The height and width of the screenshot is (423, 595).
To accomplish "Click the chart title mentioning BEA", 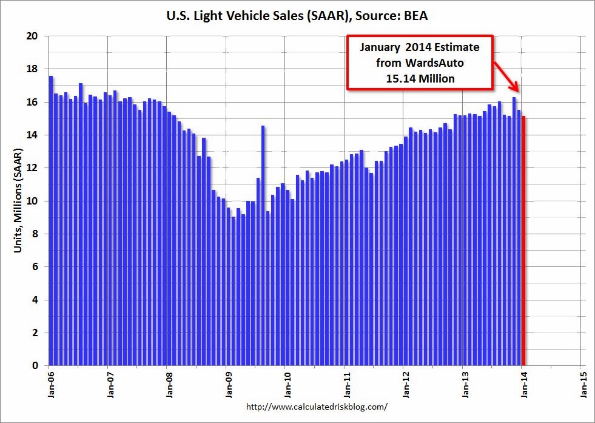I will coord(297,16).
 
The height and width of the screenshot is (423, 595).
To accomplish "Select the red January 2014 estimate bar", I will coord(524,243).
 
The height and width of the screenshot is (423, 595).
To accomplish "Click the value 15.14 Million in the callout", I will coord(420,78).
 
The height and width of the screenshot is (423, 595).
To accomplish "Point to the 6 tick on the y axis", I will coord(35,267).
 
